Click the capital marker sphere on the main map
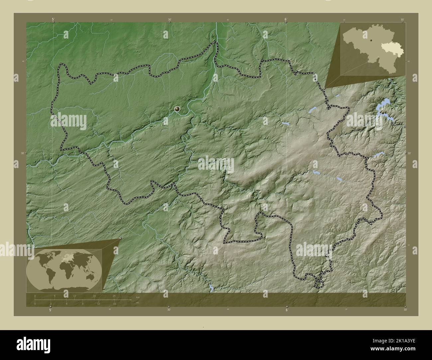pos(177,109)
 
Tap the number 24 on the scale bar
pos(114,296)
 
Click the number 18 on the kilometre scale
pos(94,296)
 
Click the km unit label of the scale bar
pos(138,297)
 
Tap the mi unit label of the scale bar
pos(137,303)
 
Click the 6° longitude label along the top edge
pos(286,20)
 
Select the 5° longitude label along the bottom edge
pos(51,310)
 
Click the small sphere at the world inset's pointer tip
pos(120,238)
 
